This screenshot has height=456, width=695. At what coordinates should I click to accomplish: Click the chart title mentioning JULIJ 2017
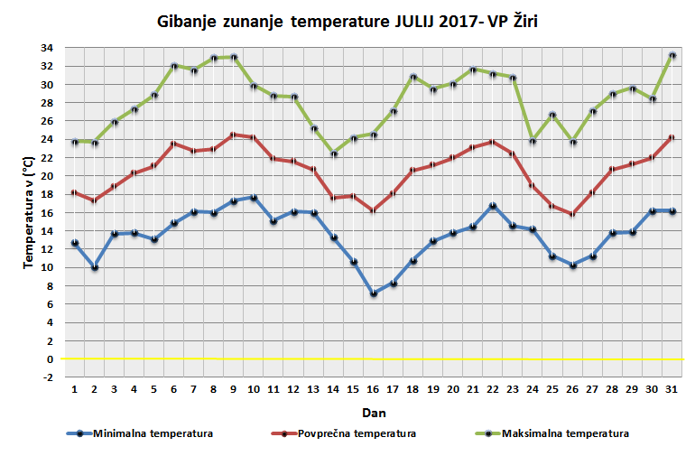[347, 21]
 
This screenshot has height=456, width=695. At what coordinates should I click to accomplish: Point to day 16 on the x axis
[373, 389]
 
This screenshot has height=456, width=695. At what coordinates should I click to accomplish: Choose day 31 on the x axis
[672, 389]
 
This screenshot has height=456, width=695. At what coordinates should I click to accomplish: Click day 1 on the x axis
[75, 389]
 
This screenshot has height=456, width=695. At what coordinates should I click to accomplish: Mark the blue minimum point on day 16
[373, 293]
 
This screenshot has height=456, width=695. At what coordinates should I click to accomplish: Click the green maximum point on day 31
[672, 55]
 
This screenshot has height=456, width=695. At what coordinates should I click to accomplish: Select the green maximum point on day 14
[333, 154]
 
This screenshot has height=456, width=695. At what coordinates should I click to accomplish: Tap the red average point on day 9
[234, 135]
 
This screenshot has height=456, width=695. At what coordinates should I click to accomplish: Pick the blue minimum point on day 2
[95, 267]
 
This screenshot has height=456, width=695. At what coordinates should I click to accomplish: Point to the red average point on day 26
[572, 214]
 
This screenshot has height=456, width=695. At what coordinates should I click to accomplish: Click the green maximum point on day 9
[234, 57]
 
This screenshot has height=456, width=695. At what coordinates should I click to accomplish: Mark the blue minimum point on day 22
[493, 206]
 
